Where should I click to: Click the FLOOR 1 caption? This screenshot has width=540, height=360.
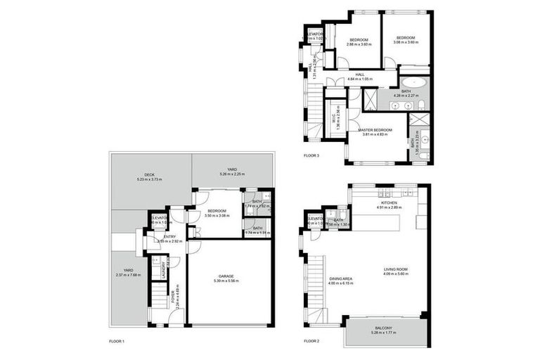117,341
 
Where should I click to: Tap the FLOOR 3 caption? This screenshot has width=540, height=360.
311,155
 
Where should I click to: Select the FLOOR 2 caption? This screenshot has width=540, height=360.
311,341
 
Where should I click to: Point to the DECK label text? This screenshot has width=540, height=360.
149,175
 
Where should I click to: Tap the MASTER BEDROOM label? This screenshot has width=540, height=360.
375,130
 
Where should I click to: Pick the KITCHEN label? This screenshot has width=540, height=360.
388,203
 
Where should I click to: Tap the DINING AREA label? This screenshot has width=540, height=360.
341,278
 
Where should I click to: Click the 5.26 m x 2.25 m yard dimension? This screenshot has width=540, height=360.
231,173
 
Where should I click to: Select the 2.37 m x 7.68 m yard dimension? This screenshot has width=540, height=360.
128,275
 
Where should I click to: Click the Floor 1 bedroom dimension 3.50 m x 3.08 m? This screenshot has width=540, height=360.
217,217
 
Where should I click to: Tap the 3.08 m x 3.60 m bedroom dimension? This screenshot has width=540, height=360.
406,42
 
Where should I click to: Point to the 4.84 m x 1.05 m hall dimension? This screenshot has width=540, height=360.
360,79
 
